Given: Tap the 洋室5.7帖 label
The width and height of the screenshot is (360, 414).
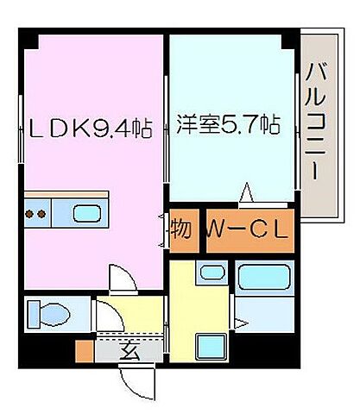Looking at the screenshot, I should coord(228,124).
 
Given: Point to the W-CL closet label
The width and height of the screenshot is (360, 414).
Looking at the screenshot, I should coord(249,229).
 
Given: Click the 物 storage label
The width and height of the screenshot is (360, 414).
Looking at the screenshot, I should coord(180,230).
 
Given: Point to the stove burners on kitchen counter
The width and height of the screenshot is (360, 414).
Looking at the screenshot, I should coord(36,213).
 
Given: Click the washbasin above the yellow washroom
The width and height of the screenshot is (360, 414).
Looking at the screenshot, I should coord(211,275).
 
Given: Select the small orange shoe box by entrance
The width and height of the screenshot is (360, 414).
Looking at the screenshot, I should coord(84,351).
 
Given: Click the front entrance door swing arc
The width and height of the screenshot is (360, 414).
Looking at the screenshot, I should coord(134,379).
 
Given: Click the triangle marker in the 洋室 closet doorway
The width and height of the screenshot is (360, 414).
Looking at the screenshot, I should coord(245,191).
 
